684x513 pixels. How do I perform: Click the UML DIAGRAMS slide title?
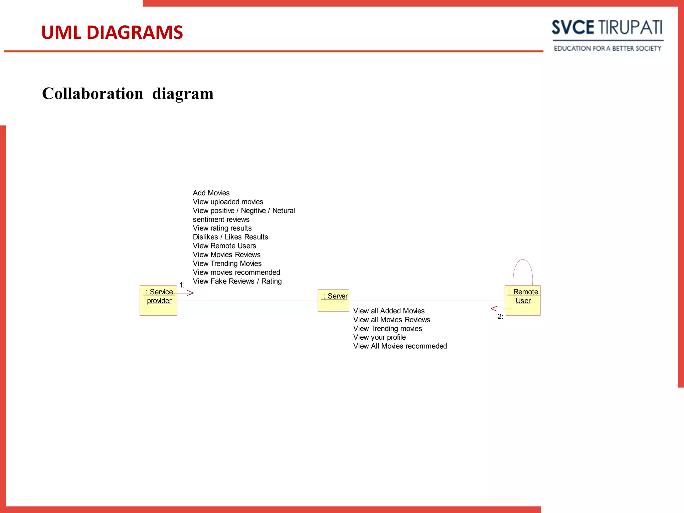[x=112, y=33]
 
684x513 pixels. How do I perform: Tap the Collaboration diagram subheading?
[x=128, y=94]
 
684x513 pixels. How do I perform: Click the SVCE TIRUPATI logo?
[x=607, y=28]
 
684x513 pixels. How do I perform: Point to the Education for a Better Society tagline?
[x=607, y=49]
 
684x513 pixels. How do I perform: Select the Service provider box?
[x=158, y=301]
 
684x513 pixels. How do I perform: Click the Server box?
[x=333, y=300]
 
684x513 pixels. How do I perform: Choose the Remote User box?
[x=522, y=300]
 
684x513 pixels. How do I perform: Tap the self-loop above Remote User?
[x=523, y=267]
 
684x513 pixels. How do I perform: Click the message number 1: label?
[x=182, y=285]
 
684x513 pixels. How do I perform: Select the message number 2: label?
[x=500, y=317]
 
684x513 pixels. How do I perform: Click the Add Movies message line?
[x=211, y=193]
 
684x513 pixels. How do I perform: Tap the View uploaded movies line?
[x=228, y=202]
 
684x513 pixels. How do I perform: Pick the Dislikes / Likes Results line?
[x=230, y=237]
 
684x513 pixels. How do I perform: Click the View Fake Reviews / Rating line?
[x=237, y=281]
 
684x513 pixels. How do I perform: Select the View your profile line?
[x=379, y=337]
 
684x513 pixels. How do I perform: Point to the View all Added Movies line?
[x=389, y=311]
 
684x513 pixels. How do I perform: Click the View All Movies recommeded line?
[x=400, y=346]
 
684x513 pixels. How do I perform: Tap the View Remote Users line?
[x=224, y=246]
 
